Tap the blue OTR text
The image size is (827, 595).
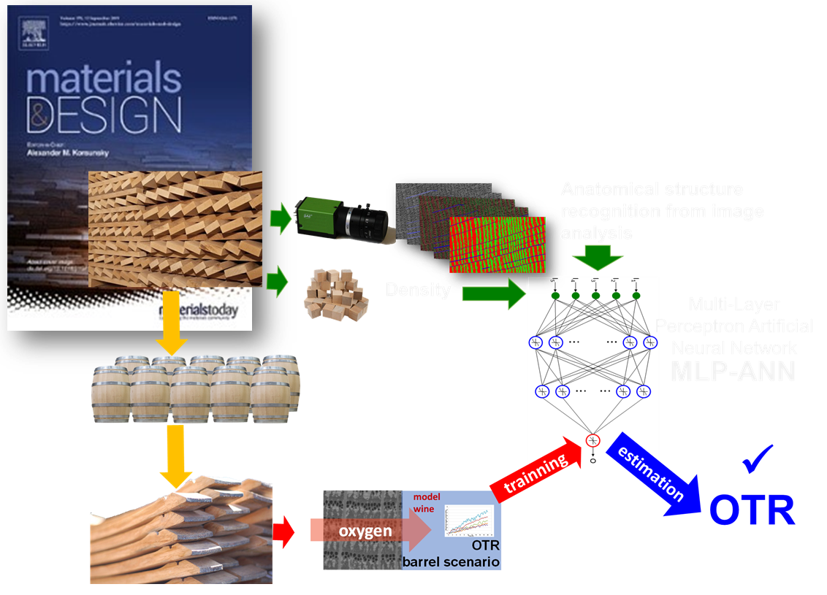pyautogui.click(x=751, y=510)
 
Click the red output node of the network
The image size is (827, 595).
pyautogui.click(x=592, y=440)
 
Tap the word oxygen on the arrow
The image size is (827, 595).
pyautogui.click(x=369, y=531)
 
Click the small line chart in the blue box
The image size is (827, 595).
pyautogui.click(x=469, y=521)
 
